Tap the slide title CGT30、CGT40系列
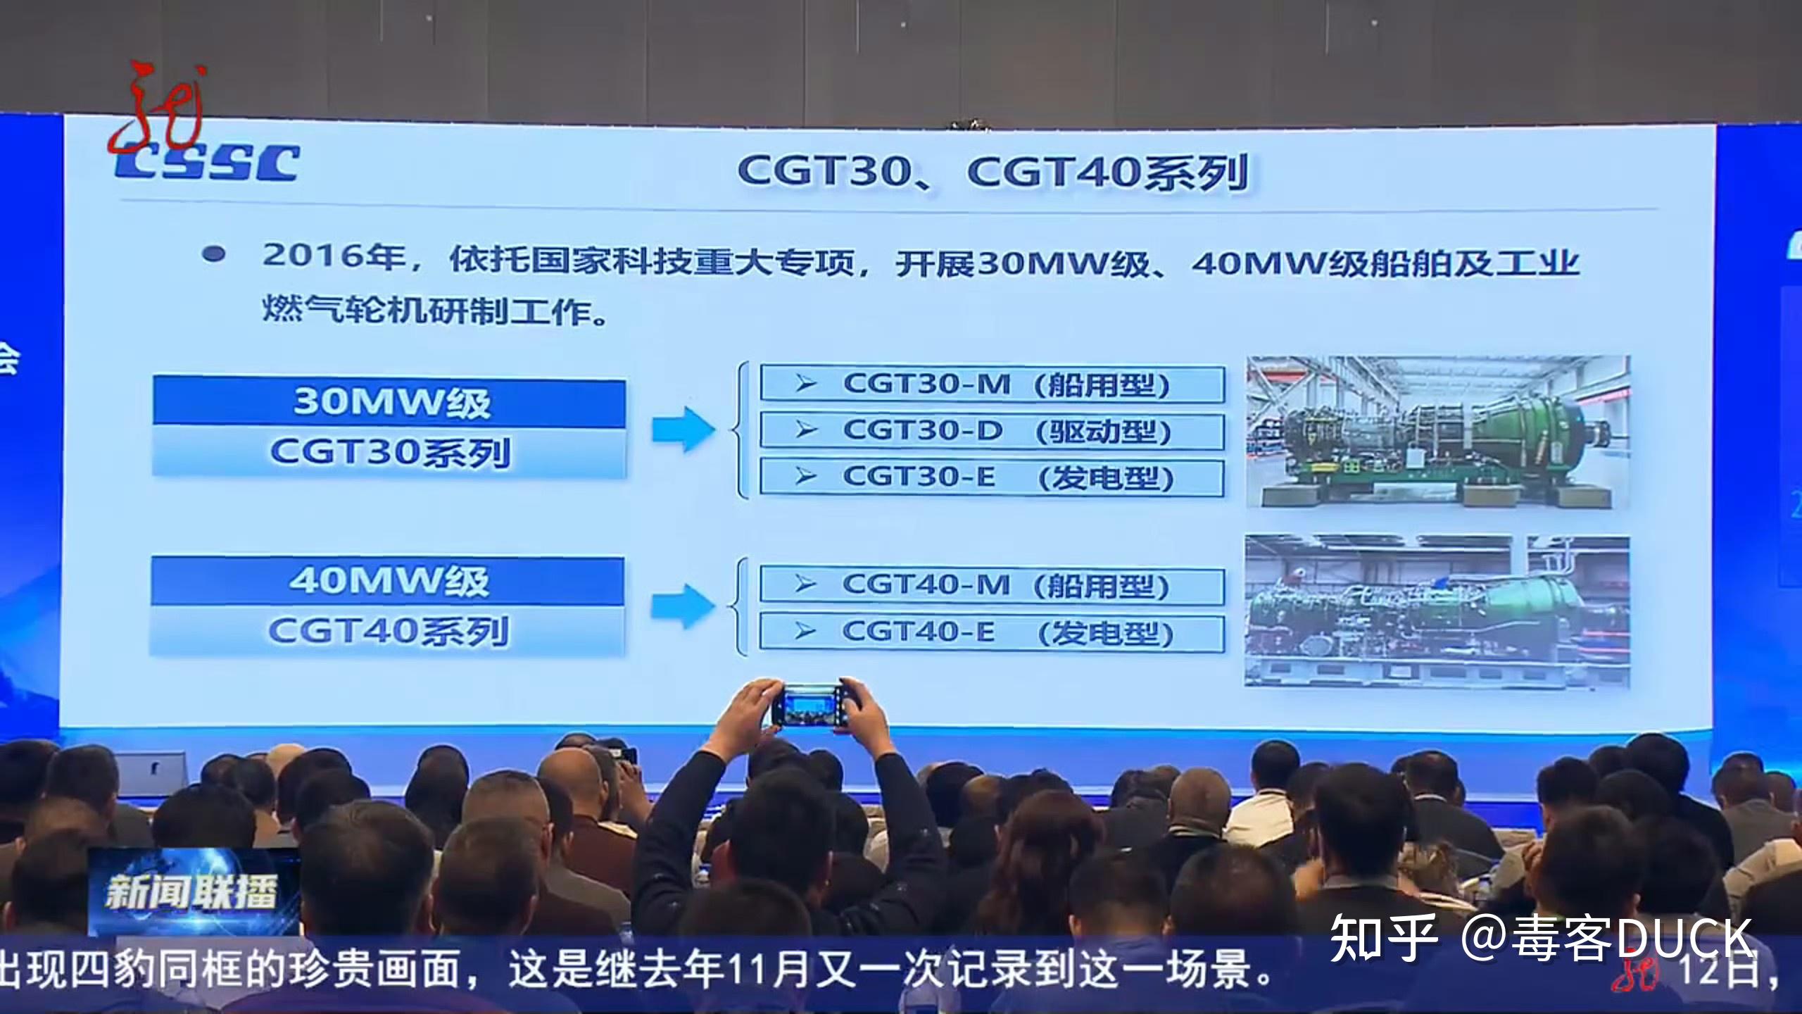993,172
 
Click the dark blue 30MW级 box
389,403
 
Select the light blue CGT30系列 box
389,452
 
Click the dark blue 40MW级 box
388,581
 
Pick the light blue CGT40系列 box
388,631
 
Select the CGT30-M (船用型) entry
992,384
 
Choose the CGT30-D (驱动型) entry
992,431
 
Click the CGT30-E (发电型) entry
992,477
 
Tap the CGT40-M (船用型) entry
992,584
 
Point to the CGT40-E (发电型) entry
992,632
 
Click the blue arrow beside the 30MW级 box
683,429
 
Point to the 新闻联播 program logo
191,892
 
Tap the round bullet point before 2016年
213,255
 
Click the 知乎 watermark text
1382,938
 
